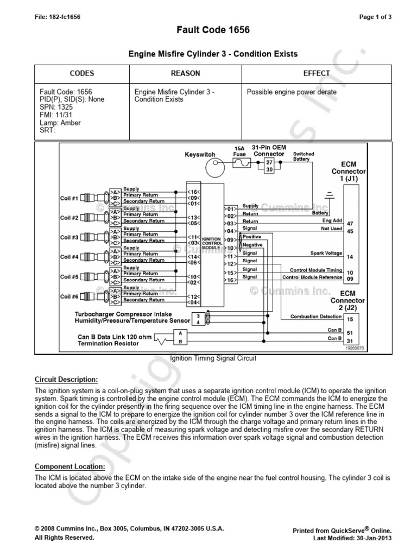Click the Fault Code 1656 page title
[208, 30]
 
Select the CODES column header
[82, 73]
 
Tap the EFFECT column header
[317, 73]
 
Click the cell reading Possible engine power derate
[292, 92]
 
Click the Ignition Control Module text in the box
[211, 243]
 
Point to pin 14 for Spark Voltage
[350, 256]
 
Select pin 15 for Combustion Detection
[350, 319]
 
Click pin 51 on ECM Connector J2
[350, 333]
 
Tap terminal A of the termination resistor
[180, 332]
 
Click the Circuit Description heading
[66, 379]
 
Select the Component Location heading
[69, 466]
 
